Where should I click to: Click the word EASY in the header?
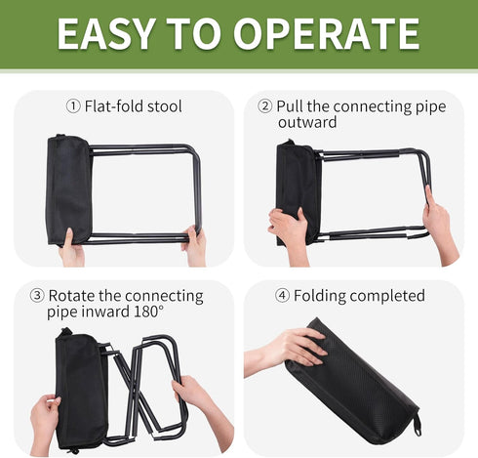(x=105, y=34)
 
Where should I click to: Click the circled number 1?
(x=73, y=106)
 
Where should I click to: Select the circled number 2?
(x=264, y=106)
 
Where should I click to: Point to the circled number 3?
(x=37, y=296)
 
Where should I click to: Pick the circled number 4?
(x=282, y=296)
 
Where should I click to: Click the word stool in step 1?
(x=164, y=106)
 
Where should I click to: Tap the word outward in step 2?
(x=307, y=123)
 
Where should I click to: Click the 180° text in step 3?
(x=148, y=312)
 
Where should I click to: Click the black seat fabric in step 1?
(x=69, y=189)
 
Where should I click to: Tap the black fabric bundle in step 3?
(x=80, y=391)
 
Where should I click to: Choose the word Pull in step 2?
(x=290, y=106)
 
